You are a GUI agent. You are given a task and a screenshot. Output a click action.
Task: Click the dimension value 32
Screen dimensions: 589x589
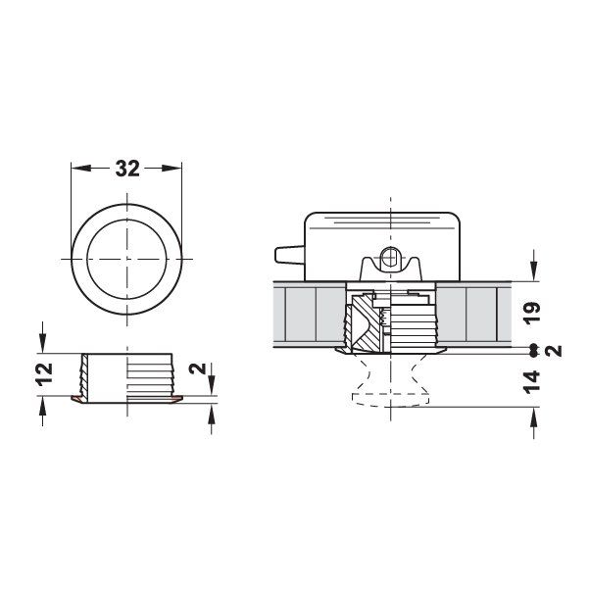tap(127, 169)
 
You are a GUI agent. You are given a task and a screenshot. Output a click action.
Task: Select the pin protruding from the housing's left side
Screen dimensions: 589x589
tap(285, 256)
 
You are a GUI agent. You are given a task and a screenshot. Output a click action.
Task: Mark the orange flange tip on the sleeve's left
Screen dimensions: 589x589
tap(77, 400)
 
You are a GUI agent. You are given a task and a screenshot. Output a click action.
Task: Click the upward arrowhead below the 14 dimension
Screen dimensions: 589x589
tap(532, 417)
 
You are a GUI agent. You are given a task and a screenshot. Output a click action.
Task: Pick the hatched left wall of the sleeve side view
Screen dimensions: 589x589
tap(85, 376)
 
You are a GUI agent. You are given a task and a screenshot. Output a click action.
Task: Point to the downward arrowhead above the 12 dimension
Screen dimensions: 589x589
tap(42, 344)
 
